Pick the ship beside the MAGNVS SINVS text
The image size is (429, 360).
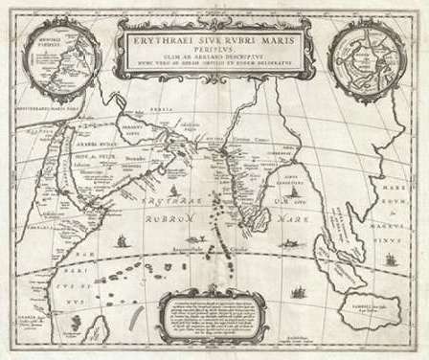pyautogui.click(x=387, y=259)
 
